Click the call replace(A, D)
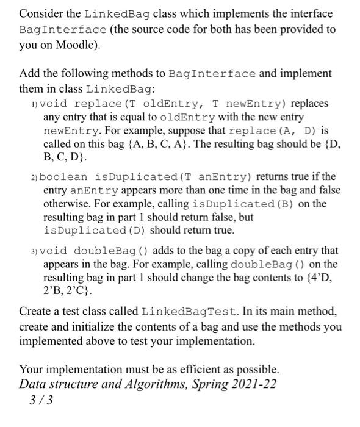[x=278, y=130]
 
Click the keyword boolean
[x=68, y=176]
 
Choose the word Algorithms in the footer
[x=151, y=384]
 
